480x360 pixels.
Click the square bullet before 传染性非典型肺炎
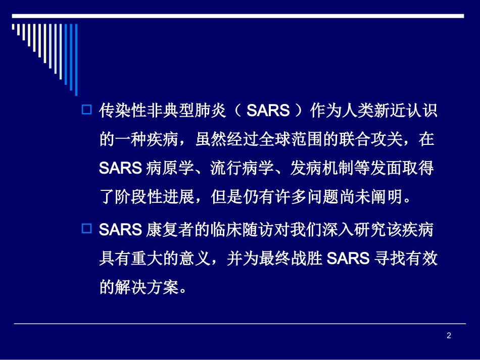click(x=86, y=109)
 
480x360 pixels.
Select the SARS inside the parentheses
click(x=268, y=111)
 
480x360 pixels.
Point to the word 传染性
click(x=120, y=111)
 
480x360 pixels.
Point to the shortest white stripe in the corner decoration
click(x=13, y=27)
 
